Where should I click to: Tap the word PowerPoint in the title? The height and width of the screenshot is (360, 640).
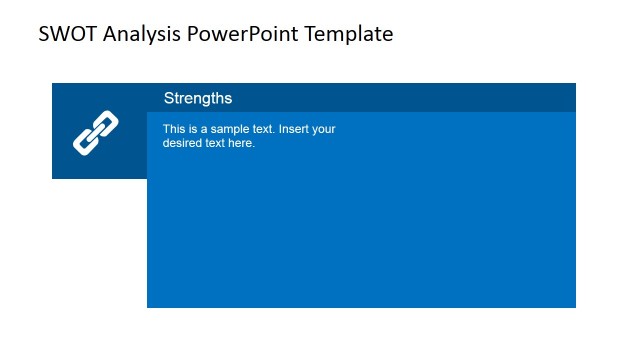[243, 34]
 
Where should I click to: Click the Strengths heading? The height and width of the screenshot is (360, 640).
[198, 98]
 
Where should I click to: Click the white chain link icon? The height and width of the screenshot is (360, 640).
[96, 132]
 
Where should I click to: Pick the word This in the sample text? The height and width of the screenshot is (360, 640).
[174, 129]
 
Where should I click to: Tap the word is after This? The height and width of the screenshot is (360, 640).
[193, 129]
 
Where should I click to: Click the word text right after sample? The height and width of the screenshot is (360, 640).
[262, 129]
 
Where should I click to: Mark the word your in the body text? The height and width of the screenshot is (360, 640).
[325, 129]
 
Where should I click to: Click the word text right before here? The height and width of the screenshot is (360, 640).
[217, 143]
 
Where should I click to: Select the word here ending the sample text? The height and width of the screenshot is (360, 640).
[243, 143]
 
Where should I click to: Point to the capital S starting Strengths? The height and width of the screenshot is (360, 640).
[169, 98]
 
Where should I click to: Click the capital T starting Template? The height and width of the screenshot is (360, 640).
[312, 34]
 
